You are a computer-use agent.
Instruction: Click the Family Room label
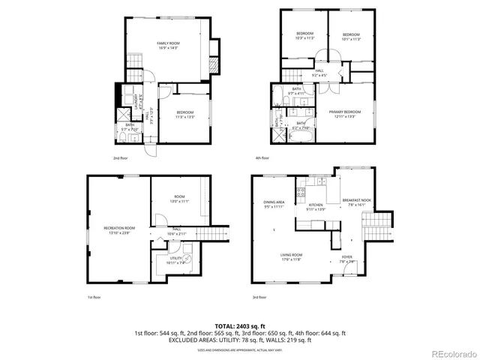pyautogui.click(x=166, y=46)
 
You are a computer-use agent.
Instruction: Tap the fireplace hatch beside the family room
pyautogui.click(x=212, y=67)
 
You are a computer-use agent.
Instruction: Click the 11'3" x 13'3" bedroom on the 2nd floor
pyautogui.click(x=184, y=115)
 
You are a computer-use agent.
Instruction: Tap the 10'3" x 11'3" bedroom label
pyautogui.click(x=304, y=36)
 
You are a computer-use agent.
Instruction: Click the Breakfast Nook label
pyautogui.click(x=356, y=202)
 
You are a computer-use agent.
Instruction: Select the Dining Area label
pyautogui.click(x=273, y=204)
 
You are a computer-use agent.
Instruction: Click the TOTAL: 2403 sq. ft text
pyautogui.click(x=240, y=325)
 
